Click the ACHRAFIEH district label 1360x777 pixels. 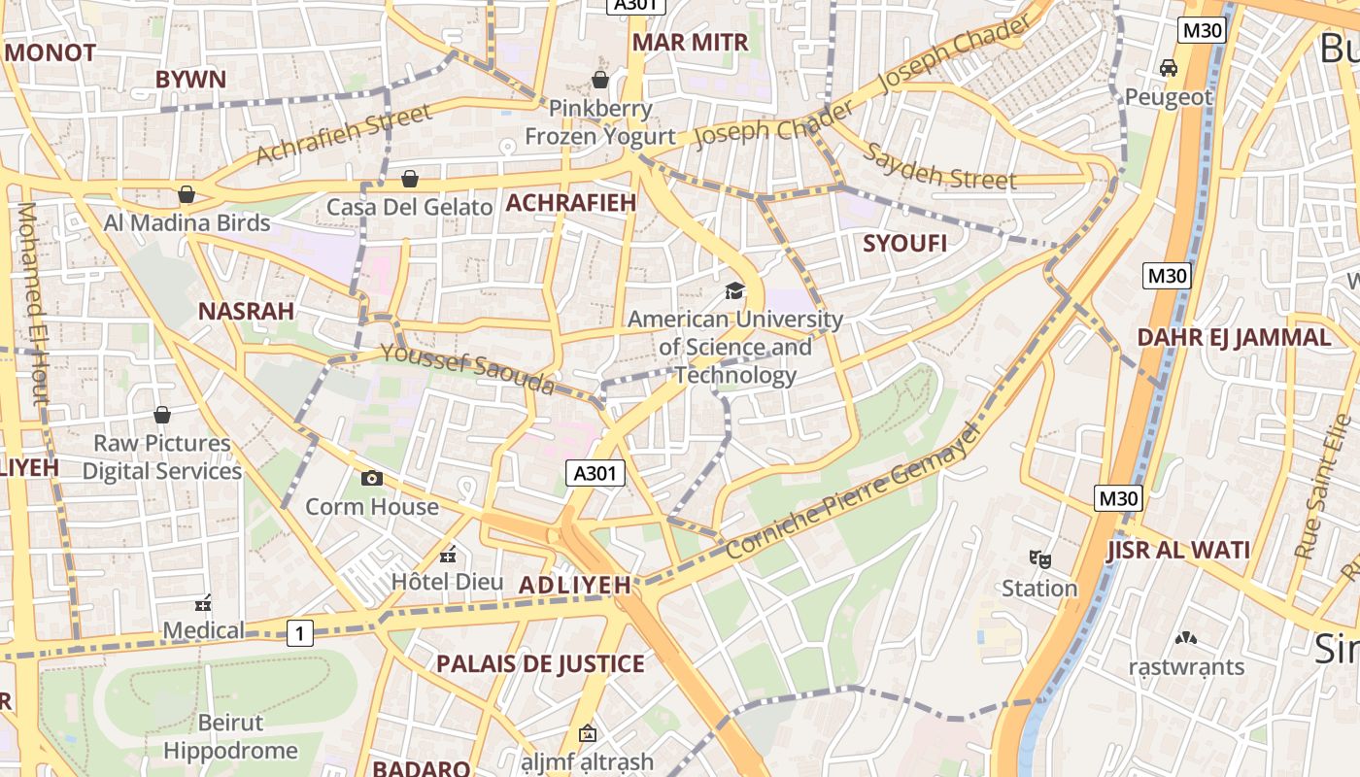[x=570, y=203]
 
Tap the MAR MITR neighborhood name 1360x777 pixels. [x=690, y=43]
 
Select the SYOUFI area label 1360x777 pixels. [x=904, y=244]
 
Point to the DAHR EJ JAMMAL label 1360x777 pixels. [x=1234, y=338]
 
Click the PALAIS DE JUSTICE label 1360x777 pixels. [x=540, y=664]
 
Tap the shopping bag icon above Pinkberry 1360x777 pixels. [x=600, y=80]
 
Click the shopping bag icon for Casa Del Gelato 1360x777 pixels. [x=410, y=179]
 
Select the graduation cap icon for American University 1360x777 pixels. [x=735, y=290]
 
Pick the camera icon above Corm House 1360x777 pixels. [x=371, y=478]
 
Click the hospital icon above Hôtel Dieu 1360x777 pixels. [x=448, y=555]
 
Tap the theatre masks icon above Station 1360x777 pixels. [x=1039, y=559]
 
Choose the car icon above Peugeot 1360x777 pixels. [x=1169, y=68]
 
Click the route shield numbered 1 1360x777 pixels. [x=300, y=634]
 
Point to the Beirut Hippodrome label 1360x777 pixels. [x=230, y=737]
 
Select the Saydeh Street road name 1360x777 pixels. [x=939, y=167]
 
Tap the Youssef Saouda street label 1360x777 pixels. [x=467, y=369]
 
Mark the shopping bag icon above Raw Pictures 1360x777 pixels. [x=161, y=415]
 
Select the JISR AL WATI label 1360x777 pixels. [x=1177, y=551]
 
